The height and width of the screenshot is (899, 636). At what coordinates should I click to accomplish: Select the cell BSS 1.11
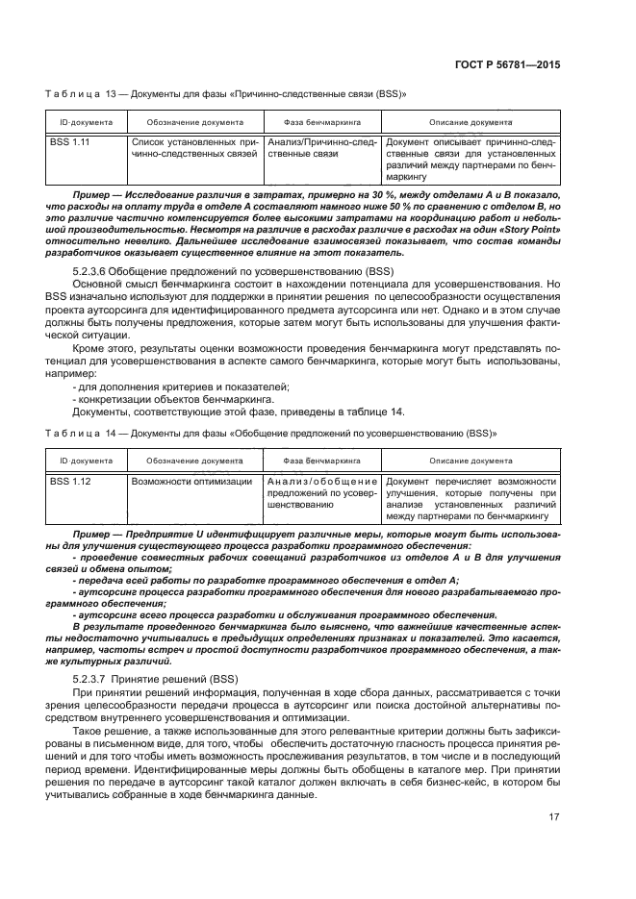(69, 142)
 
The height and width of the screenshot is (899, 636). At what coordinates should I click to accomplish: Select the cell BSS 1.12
(69, 481)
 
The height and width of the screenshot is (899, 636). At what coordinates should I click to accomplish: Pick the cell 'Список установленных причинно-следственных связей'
(193, 148)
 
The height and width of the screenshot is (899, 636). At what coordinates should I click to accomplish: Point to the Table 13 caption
(226, 95)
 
